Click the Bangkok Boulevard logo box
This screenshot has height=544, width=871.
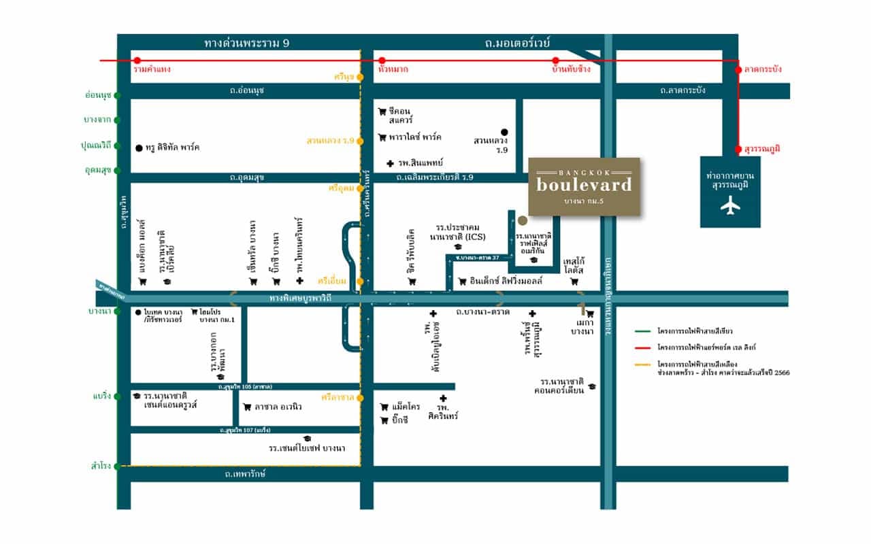pyautogui.click(x=584, y=186)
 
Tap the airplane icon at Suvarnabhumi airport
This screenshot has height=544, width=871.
pyautogui.click(x=732, y=205)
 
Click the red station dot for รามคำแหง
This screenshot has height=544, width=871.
pyautogui.click(x=137, y=61)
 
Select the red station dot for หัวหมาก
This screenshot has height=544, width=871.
pyautogui.click(x=382, y=61)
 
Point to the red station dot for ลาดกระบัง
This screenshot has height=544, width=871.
pyautogui.click(x=738, y=69)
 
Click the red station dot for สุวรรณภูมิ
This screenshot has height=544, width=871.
pyautogui.click(x=738, y=149)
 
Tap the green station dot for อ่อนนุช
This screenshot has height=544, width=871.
pyautogui.click(x=117, y=95)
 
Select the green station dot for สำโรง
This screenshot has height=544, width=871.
pyautogui.click(x=117, y=466)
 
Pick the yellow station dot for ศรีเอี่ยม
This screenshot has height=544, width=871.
pyautogui.click(x=360, y=280)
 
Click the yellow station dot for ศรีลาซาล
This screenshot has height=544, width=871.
pyautogui.click(x=360, y=397)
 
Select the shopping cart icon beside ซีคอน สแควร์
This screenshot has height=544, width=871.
pyautogui.click(x=382, y=112)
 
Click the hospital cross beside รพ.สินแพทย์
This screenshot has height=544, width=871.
pyautogui.click(x=389, y=163)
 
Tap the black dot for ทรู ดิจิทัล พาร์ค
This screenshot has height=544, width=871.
pyautogui.click(x=139, y=148)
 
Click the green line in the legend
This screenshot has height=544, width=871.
pyautogui.click(x=642, y=331)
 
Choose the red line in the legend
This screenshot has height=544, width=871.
pyautogui.click(x=642, y=347)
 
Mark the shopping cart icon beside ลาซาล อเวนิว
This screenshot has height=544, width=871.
pyautogui.click(x=246, y=407)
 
